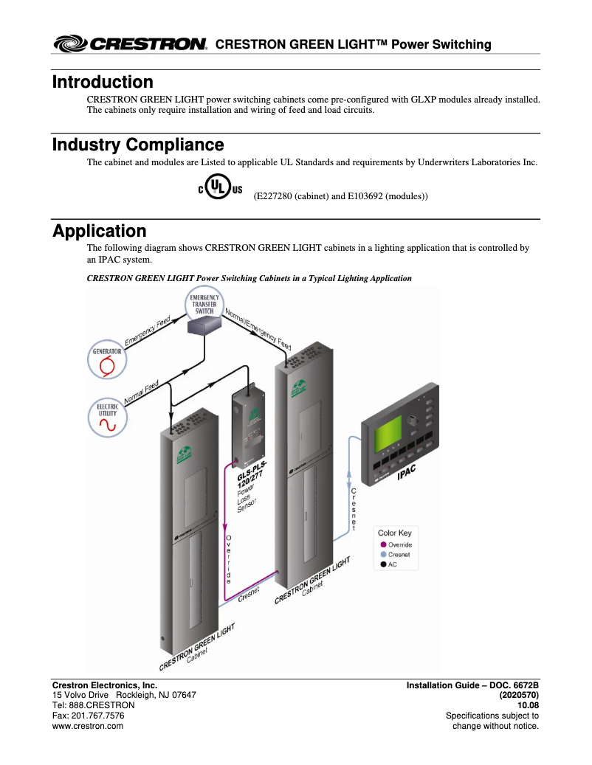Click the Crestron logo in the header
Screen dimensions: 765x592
point(130,44)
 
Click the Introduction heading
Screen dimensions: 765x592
point(103,82)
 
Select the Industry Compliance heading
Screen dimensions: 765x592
point(138,145)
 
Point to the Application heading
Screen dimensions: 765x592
point(99,231)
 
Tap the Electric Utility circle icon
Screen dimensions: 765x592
point(107,418)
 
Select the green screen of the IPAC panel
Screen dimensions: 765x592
point(389,436)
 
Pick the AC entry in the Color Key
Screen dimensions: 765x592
point(392,564)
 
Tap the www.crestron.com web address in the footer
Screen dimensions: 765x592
point(87,726)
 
